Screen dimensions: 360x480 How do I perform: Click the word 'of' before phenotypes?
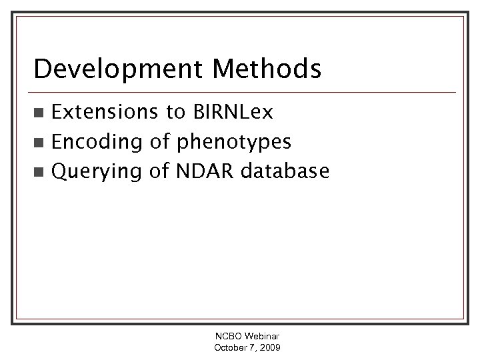click(x=157, y=142)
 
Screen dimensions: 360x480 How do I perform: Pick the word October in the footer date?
click(x=229, y=348)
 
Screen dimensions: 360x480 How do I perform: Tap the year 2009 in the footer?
click(x=271, y=348)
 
